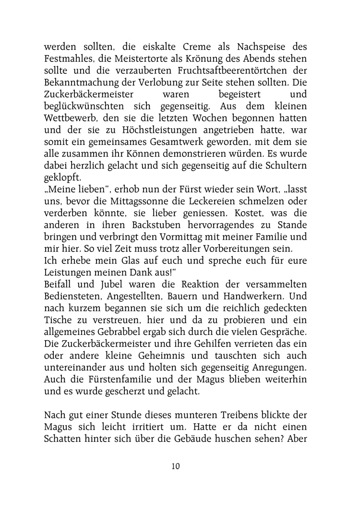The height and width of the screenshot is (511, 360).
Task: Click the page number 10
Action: click(175, 466)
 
